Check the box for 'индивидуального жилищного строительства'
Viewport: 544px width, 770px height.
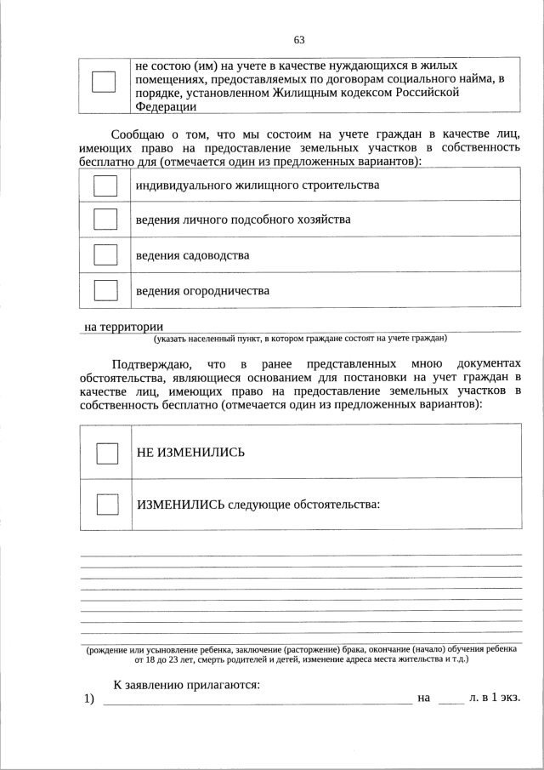[x=105, y=185]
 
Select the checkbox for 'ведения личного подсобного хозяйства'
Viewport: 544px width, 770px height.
[x=105, y=220]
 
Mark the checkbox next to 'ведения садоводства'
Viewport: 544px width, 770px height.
[x=105, y=254]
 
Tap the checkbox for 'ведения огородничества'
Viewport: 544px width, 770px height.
[x=105, y=290]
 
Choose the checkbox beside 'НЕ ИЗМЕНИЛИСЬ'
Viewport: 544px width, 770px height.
[x=107, y=453]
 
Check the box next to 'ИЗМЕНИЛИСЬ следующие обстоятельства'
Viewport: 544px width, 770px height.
[x=107, y=504]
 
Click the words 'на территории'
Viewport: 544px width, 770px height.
[x=123, y=327]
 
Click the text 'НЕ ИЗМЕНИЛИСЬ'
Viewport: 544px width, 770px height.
[x=190, y=452]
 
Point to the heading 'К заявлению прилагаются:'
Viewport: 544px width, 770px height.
[x=186, y=684]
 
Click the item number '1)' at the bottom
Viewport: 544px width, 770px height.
[x=88, y=699]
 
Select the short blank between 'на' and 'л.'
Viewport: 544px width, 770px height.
[x=450, y=699]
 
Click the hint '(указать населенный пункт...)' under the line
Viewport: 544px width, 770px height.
[x=300, y=339]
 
